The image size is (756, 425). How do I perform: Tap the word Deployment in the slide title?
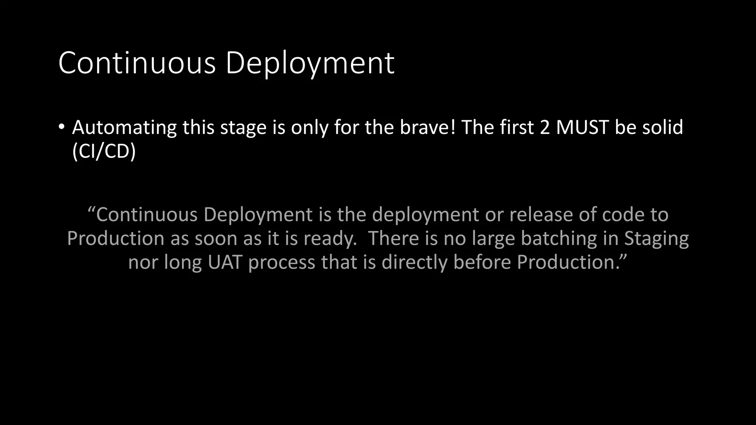click(x=310, y=63)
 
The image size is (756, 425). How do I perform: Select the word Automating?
click(x=124, y=128)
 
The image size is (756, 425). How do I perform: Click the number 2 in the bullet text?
click(x=544, y=127)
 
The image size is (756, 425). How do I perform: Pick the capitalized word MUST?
click(x=582, y=127)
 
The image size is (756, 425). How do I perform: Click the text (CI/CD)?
click(x=104, y=151)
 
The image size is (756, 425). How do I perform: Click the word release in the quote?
click(x=541, y=215)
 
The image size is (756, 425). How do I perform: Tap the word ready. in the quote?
click(x=330, y=239)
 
